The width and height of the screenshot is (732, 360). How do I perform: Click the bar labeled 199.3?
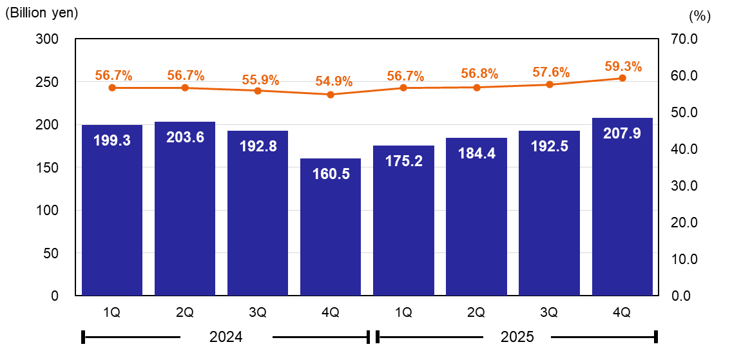click(112, 213)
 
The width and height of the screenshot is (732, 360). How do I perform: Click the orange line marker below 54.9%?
click(331, 95)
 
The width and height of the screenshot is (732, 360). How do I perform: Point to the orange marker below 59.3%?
click(622, 78)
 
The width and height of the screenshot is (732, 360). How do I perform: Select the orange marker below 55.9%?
click(258, 91)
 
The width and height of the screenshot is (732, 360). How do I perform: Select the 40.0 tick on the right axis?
click(684, 149)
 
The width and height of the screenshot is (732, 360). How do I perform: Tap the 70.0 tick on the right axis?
click(684, 39)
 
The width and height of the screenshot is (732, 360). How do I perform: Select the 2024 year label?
click(226, 337)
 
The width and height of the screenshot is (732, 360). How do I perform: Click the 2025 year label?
click(517, 337)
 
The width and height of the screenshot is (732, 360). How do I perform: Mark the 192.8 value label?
click(258, 146)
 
